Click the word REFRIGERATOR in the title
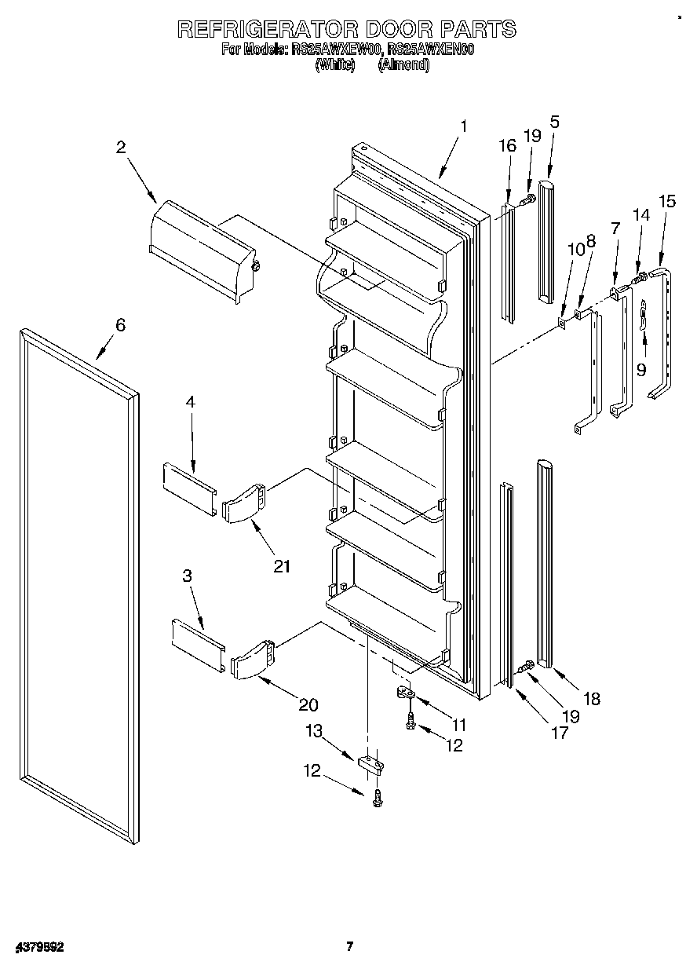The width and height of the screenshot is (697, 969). pyautogui.click(x=268, y=30)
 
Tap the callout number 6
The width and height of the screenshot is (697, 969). pyautogui.click(x=120, y=325)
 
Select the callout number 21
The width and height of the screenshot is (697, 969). pyautogui.click(x=282, y=566)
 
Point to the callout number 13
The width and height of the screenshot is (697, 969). pyautogui.click(x=314, y=731)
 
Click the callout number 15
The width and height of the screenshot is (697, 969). pyautogui.click(x=667, y=201)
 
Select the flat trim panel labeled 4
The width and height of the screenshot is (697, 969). pyautogui.click(x=188, y=488)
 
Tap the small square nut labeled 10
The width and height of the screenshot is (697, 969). pyautogui.click(x=562, y=320)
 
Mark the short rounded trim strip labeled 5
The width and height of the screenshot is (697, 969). pyautogui.click(x=546, y=240)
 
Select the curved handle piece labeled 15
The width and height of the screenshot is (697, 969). pyautogui.click(x=664, y=330)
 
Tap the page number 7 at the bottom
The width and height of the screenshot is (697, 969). pyautogui.click(x=351, y=946)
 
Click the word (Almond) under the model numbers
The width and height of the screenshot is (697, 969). pyautogui.click(x=403, y=66)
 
